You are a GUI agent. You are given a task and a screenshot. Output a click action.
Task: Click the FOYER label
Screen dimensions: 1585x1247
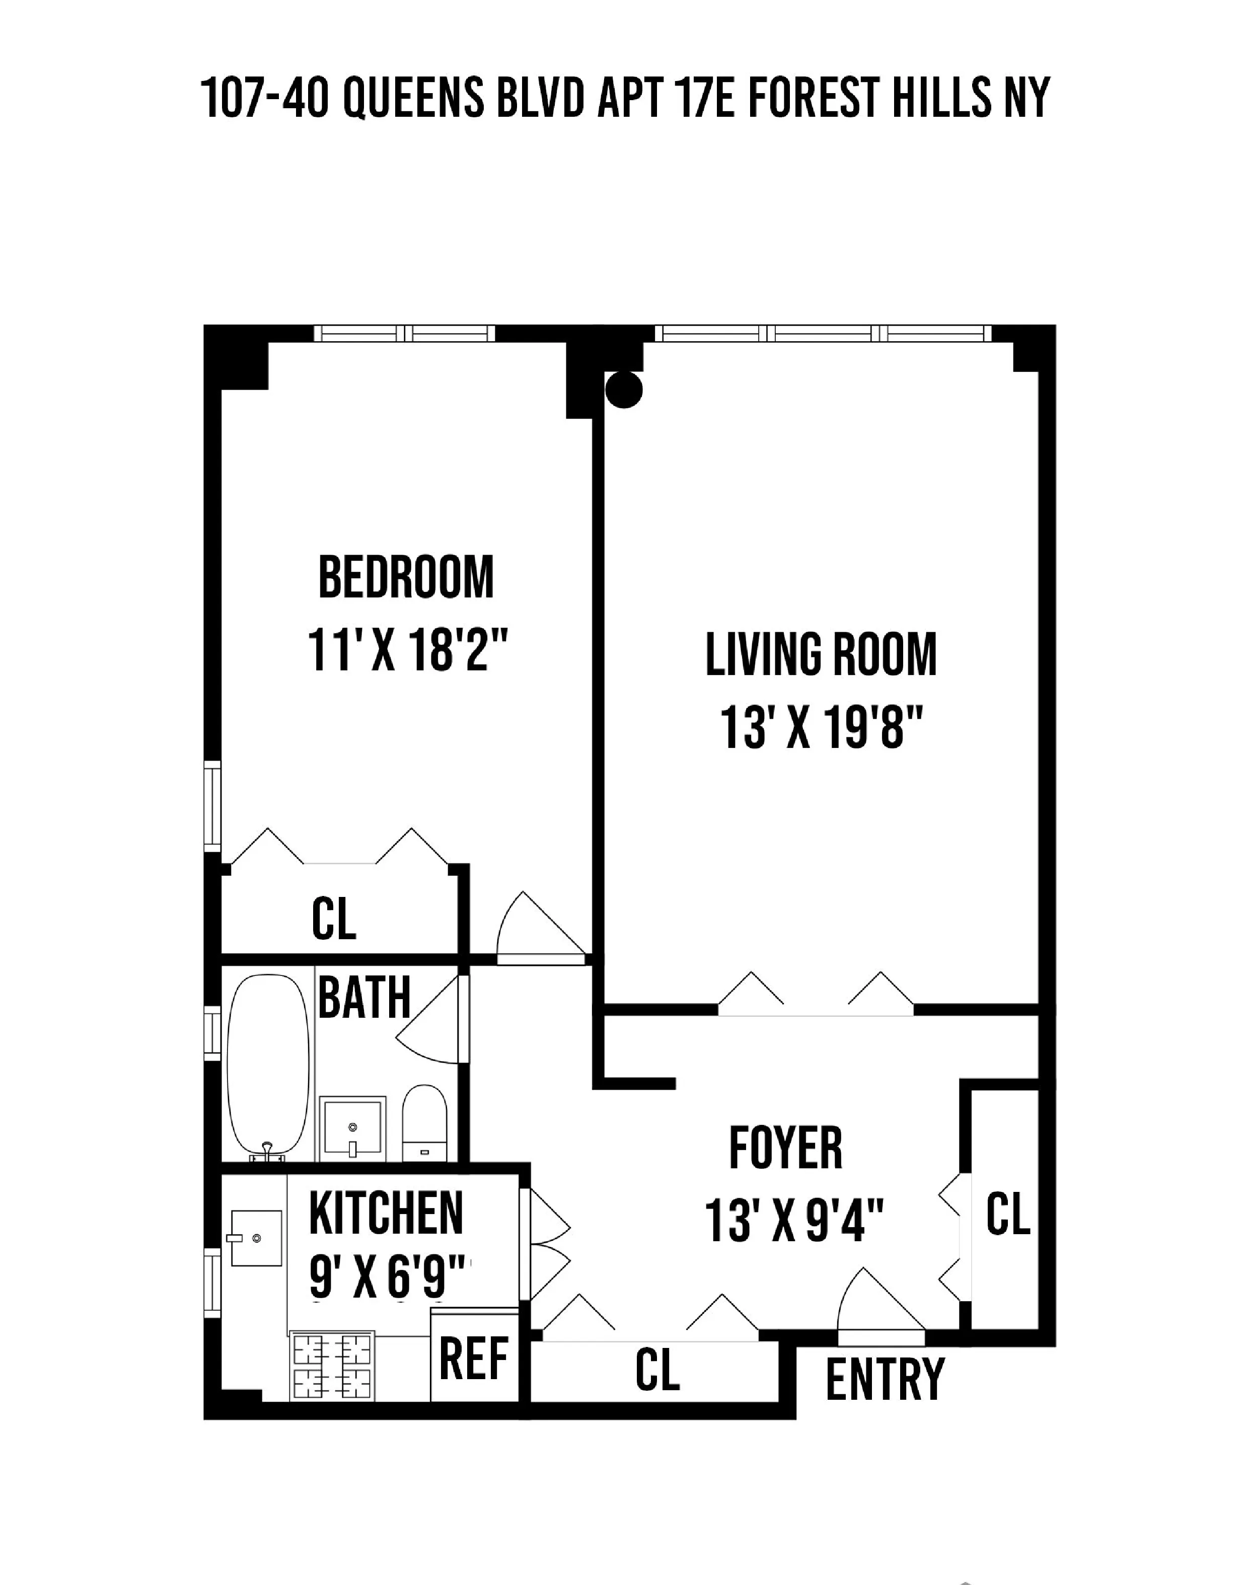[785, 1149]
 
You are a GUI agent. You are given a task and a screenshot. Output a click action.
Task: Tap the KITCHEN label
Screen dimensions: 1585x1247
[386, 1213]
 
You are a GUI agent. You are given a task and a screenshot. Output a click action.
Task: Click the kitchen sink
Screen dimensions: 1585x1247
[256, 1238]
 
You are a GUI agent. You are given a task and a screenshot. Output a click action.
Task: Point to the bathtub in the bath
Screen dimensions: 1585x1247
[268, 1064]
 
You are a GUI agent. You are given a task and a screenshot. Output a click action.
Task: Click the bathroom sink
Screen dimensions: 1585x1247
[352, 1127]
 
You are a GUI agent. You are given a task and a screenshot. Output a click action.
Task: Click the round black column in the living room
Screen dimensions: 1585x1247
[624, 389]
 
